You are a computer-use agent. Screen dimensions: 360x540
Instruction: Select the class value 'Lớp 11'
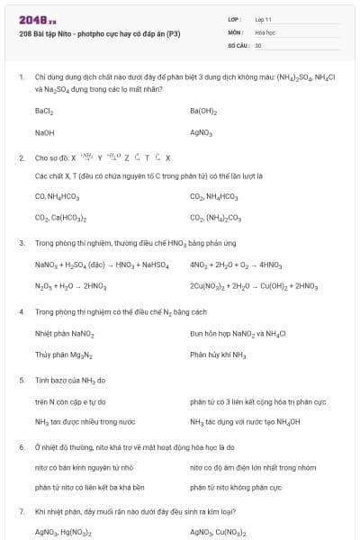pyautogui.click(x=264, y=19)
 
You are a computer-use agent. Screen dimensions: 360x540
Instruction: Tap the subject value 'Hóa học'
pyautogui.click(x=265, y=31)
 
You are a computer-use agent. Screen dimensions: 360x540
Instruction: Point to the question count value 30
pyautogui.click(x=258, y=44)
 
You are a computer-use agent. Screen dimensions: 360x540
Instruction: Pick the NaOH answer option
pyautogui.click(x=45, y=132)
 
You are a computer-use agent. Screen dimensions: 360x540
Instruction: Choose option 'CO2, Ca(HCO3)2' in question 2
pyautogui.click(x=60, y=217)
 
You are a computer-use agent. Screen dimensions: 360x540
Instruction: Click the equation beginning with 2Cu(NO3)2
pyautogui.click(x=254, y=286)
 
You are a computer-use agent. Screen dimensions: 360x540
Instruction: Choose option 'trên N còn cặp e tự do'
pyautogui.click(x=70, y=401)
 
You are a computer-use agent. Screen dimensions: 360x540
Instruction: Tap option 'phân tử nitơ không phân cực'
pyautogui.click(x=236, y=487)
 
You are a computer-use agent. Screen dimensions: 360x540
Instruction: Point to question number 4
pyautogui.click(x=21, y=311)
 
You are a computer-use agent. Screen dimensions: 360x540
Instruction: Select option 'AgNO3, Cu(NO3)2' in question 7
pyautogui.click(x=221, y=533)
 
